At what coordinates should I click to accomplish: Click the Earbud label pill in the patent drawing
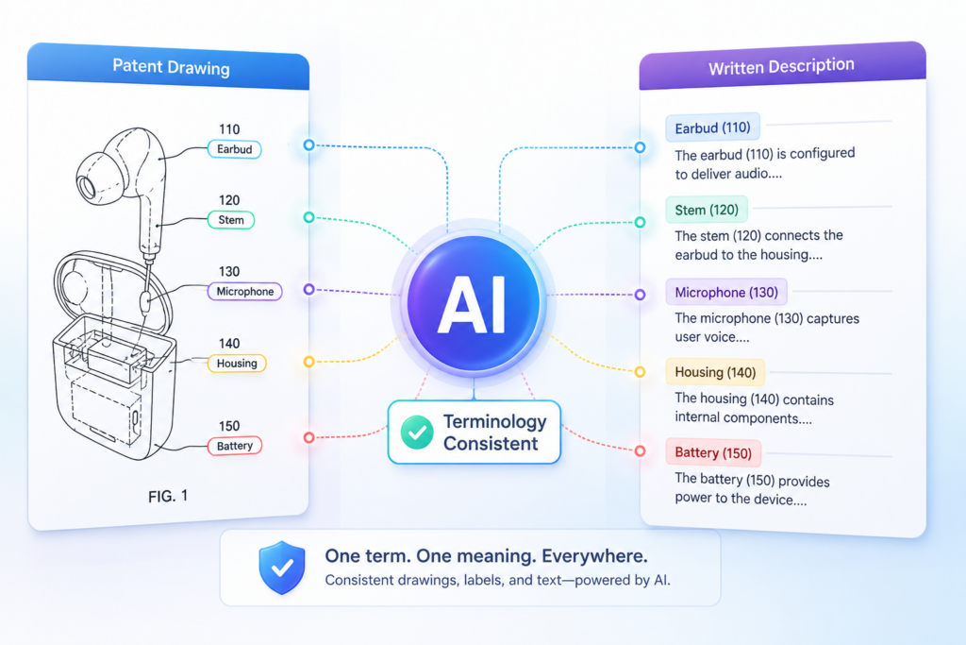tap(234, 149)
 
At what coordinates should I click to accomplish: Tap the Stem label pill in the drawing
tap(231, 220)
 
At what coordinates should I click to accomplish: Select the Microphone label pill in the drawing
tap(245, 292)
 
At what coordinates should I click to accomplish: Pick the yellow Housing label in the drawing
tap(237, 364)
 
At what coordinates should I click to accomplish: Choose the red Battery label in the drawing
tap(235, 446)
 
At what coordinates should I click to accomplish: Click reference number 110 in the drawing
tap(229, 129)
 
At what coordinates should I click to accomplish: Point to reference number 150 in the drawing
tap(229, 426)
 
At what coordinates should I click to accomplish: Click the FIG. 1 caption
tap(168, 497)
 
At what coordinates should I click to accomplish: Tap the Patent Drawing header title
tap(172, 67)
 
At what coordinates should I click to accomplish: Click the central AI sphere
tap(474, 303)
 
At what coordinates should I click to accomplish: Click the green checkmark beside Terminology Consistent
tap(417, 433)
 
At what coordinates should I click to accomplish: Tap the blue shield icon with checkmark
tap(282, 568)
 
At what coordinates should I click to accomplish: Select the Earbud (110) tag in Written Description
tap(713, 128)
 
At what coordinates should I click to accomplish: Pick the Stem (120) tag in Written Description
tap(707, 211)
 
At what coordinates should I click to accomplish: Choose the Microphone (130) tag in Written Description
tap(726, 293)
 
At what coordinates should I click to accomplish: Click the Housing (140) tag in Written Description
tap(715, 372)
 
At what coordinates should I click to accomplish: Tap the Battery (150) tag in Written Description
tap(713, 453)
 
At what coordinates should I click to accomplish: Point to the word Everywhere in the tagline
tap(594, 556)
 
